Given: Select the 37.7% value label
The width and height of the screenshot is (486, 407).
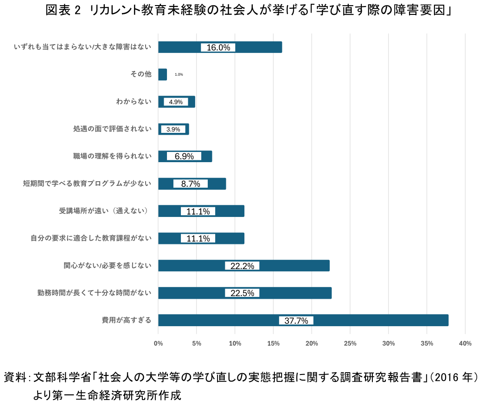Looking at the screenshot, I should click(296, 321).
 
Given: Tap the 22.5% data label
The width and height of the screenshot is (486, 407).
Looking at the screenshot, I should click(242, 293).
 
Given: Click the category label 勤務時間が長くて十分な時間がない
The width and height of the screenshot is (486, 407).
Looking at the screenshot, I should click(95, 293).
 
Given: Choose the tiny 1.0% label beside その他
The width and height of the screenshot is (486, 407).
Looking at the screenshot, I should click(179, 74).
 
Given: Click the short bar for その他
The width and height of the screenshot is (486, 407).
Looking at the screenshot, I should click(162, 74).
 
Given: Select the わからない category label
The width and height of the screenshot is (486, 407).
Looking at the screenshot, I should click(134, 102).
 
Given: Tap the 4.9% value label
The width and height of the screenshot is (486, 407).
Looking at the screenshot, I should click(176, 102).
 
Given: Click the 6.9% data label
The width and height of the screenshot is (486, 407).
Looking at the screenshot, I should click(184, 157).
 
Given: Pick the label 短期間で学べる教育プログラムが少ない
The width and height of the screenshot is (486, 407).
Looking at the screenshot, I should click(88, 184).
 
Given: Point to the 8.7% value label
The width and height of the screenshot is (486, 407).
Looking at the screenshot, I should click(191, 184).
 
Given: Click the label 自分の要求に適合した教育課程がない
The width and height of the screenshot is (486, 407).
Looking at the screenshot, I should click(91, 238).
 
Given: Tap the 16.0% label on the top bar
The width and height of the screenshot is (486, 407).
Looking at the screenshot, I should click(218, 47).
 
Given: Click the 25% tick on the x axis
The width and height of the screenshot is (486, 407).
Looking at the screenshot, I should click(350, 343).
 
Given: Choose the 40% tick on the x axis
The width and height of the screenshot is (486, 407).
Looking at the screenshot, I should click(465, 343).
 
